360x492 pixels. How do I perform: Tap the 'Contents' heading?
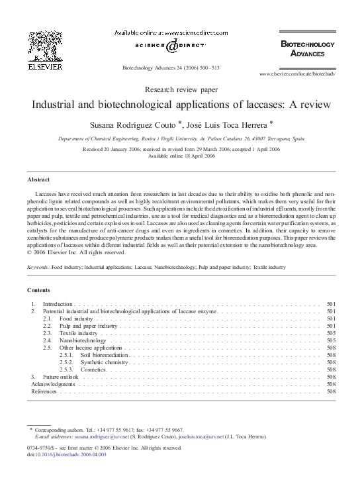[39, 291]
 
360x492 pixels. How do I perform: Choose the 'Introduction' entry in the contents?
[58, 304]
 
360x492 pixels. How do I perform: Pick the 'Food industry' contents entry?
[76, 319]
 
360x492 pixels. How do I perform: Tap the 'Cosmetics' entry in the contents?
[93, 369]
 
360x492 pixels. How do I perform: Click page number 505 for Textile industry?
[332, 333]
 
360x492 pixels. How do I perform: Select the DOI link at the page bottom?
[72, 454]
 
